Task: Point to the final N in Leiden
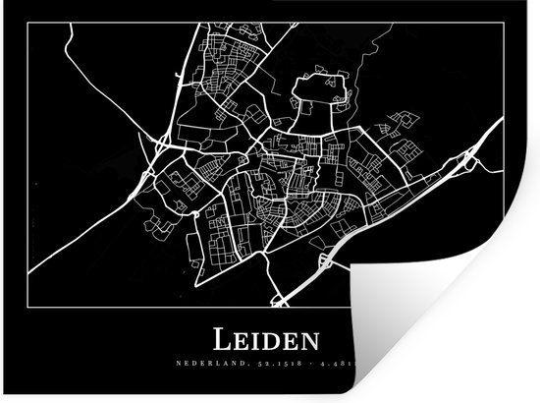point(311,343)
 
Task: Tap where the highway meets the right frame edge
point(505,120)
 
